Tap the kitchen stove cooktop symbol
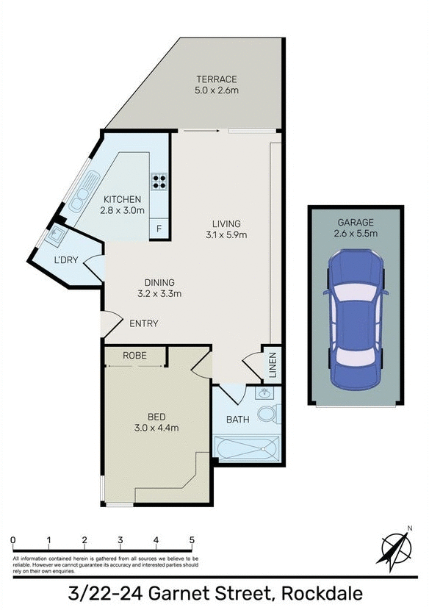(x=159, y=181)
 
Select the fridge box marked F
(x=159, y=229)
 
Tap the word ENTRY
(x=143, y=323)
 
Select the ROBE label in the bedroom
(x=134, y=355)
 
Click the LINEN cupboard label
(x=272, y=364)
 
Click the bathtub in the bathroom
(x=246, y=447)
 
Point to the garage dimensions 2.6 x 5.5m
(x=356, y=234)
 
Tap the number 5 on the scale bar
(x=192, y=541)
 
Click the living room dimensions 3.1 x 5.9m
(x=226, y=235)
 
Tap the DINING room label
(x=159, y=282)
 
